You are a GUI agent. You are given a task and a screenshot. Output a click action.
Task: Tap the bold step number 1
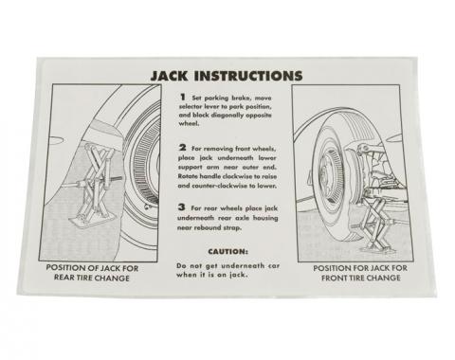pyautogui.click(x=181, y=99)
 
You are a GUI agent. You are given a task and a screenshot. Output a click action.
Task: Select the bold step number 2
pyautogui.click(x=181, y=149)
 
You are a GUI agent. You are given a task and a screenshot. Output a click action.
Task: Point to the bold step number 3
pyautogui.click(x=181, y=208)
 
